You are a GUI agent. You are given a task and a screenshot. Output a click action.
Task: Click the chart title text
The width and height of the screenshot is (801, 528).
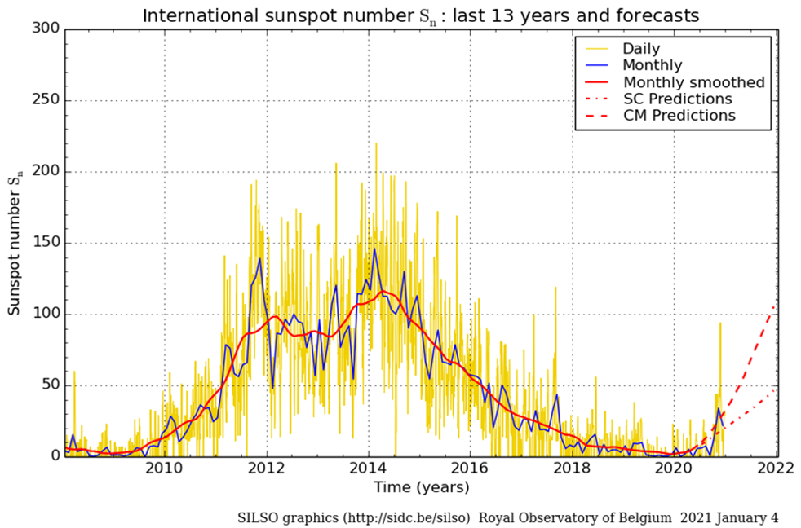coord(420,15)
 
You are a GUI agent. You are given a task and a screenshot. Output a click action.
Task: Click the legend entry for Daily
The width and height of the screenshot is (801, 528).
coord(641,49)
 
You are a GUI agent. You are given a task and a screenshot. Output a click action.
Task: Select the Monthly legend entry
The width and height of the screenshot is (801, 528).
coord(653,65)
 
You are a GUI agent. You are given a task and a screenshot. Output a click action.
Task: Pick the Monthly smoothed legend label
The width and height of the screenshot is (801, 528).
coord(693,82)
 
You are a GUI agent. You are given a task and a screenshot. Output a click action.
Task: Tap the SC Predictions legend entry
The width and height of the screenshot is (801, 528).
coord(677,99)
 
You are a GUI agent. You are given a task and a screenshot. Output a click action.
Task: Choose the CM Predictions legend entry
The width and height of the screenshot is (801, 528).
coord(679,116)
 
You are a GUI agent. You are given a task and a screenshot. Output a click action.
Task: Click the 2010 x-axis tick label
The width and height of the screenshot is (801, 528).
coord(163,469)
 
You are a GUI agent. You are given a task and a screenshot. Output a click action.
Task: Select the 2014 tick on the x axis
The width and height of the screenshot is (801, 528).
coord(368,469)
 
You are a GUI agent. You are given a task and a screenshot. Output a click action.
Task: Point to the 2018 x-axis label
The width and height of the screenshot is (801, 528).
coord(573,469)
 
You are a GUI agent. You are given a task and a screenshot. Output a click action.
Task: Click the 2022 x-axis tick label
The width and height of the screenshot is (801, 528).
coord(777,469)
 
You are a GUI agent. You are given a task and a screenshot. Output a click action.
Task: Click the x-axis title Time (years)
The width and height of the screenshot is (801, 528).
coord(420,487)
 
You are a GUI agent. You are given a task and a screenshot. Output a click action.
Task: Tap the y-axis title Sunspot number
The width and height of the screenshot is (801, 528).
coord(14,244)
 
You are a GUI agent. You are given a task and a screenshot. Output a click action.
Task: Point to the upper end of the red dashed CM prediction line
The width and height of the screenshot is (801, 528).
coord(775,305)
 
